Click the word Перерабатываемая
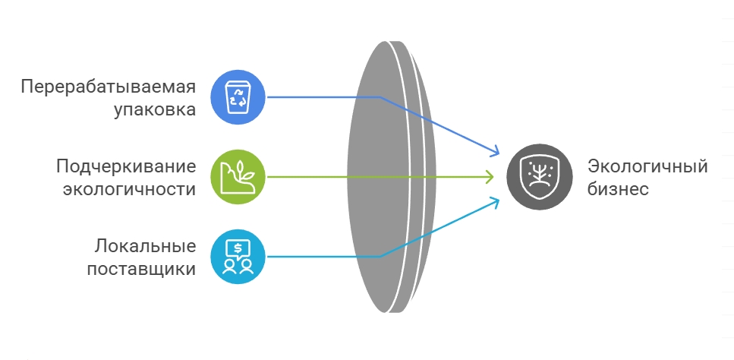coord(109,86)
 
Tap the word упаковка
coord(155,109)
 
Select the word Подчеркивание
coord(126,166)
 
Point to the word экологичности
coord(128,189)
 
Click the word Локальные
coord(146,246)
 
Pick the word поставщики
coord(141,269)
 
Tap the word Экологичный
coord(647,166)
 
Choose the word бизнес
coord(619,189)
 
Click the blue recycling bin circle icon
coord(238,96)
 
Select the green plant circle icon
coord(238,177)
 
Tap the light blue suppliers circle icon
coord(238,257)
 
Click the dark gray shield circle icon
coord(540,177)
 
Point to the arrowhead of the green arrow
coord(492,177)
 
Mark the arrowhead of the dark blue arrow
coord(495,151)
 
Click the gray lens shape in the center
coord(387,177)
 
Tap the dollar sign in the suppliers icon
coord(238,248)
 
